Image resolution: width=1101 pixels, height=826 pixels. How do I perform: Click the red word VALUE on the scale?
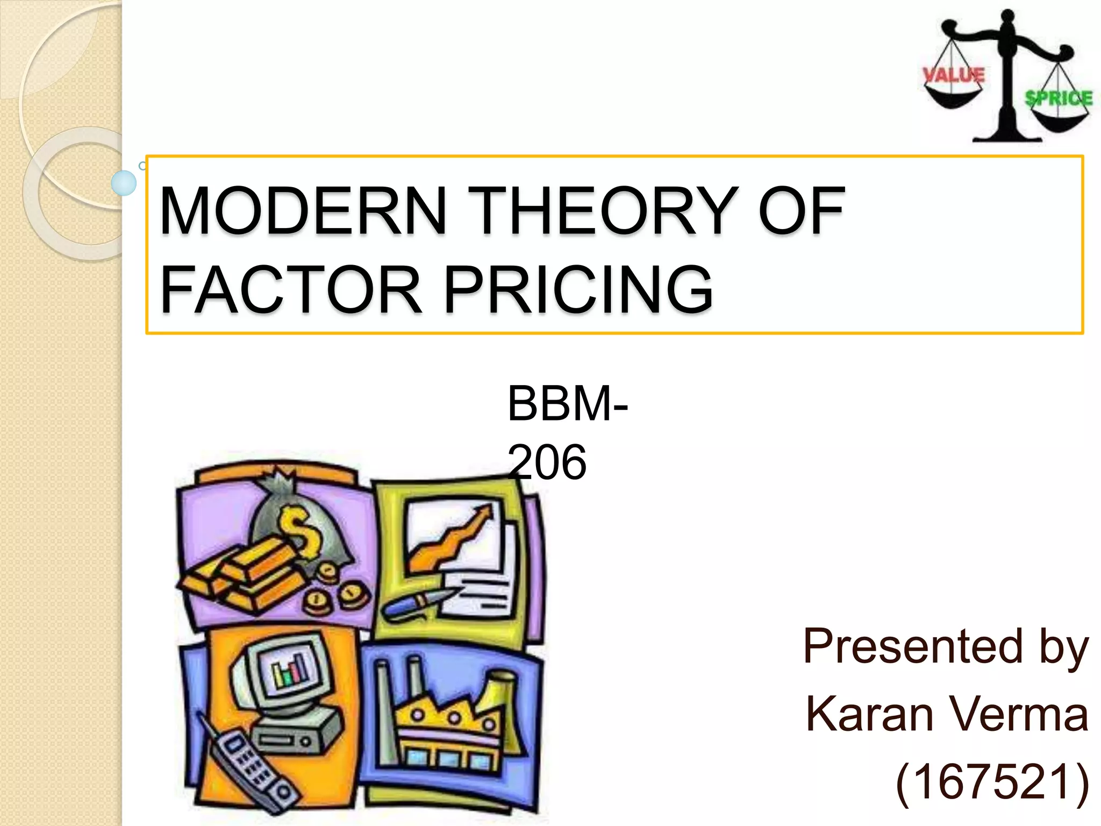953,75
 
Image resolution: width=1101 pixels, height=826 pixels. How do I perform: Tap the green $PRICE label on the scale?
1059,98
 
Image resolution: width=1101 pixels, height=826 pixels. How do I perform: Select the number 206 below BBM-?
547,461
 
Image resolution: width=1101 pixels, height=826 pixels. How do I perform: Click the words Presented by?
946,647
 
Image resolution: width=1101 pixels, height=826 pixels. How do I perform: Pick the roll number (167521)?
992,782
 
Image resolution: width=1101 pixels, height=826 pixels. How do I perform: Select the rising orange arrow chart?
452,538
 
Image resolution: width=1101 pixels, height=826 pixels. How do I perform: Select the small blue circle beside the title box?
124,183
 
